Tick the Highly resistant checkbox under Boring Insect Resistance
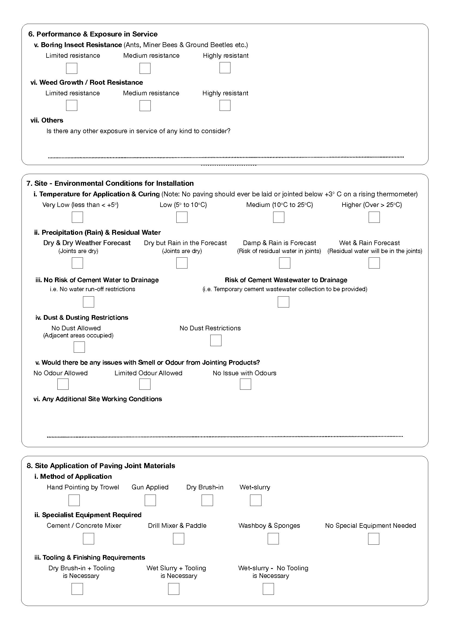[225, 68]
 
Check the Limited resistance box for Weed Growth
[72, 105]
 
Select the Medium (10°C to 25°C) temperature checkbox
[279, 217]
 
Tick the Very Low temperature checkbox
[77, 217]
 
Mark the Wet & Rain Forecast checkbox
[374, 263]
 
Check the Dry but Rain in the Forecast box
[182, 263]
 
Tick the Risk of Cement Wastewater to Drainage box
[283, 302]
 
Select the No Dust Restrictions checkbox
[216, 340]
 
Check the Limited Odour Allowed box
[145, 384]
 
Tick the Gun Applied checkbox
[150, 500]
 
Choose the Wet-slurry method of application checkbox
[256, 500]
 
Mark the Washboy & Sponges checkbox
[273, 539]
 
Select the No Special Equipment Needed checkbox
[374, 539]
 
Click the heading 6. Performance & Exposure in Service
[93, 34]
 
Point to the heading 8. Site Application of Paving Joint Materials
[101, 466]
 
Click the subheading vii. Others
[47, 120]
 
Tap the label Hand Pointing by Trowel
[83, 487]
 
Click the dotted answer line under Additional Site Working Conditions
[225, 437]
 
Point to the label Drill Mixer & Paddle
[177, 526]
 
